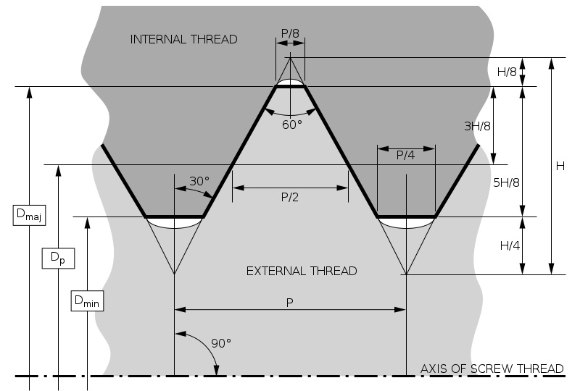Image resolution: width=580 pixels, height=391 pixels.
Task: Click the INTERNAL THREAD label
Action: click(183, 39)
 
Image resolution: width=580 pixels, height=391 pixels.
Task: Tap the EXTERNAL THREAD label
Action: click(302, 271)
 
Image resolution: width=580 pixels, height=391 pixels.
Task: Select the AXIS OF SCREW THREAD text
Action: click(492, 369)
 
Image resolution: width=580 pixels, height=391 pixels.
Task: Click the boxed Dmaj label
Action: click(29, 215)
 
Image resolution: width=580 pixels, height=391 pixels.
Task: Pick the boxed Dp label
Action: click(58, 258)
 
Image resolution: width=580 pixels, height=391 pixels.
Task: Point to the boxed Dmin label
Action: click(87, 300)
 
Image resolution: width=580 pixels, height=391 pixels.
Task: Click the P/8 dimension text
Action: click(290, 33)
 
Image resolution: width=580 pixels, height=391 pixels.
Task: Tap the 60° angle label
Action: click(292, 125)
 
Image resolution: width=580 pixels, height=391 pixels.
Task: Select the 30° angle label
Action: click(199, 181)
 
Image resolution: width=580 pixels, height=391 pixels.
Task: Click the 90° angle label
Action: click(221, 343)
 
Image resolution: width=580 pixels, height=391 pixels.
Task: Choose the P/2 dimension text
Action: click(289, 197)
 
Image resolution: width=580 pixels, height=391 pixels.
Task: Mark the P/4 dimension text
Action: click(405, 155)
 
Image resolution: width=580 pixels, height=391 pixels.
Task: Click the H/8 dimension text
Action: click(507, 72)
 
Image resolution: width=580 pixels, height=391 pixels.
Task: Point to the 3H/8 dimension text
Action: click(477, 126)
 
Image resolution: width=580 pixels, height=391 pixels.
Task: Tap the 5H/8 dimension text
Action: click(506, 182)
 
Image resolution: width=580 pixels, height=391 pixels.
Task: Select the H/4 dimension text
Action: click(510, 245)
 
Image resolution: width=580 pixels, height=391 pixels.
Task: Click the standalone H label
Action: click(560, 167)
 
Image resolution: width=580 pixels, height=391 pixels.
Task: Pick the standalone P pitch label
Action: click(289, 303)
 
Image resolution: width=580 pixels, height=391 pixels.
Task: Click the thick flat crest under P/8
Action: click(291, 86)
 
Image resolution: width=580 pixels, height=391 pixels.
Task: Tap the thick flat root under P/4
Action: click(406, 216)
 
